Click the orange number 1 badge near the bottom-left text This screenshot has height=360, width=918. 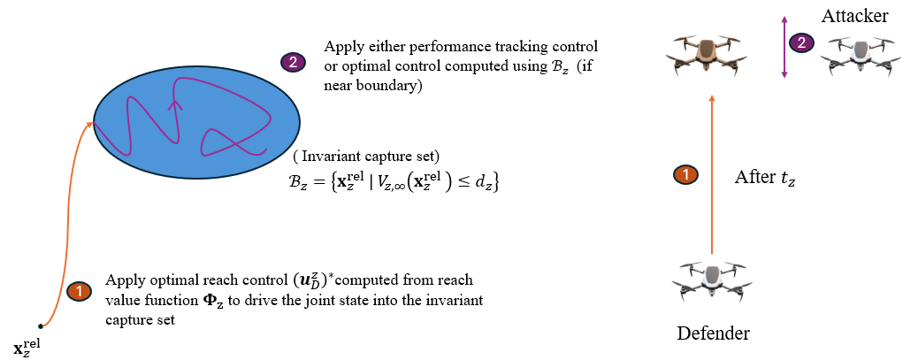[x=79, y=290]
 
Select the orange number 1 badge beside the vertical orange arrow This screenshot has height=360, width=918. [x=685, y=175]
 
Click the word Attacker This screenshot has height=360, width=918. [x=854, y=16]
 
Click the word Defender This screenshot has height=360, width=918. [x=714, y=333]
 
